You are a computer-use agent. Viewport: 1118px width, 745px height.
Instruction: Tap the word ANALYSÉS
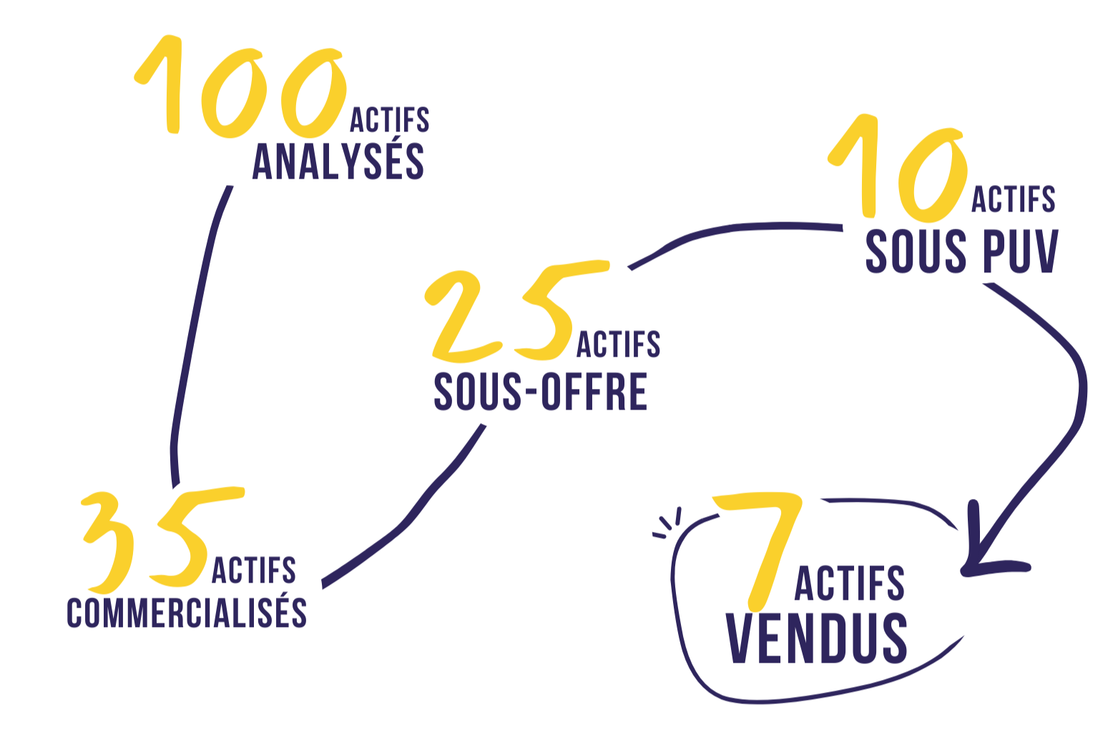point(339,161)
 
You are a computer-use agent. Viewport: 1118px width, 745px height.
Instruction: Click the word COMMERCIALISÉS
point(187,613)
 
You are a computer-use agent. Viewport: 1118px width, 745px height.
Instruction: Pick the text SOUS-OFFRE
point(541,392)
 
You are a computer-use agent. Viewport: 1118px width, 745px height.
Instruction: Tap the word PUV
point(1021,251)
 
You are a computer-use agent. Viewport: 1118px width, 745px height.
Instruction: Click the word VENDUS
point(817,638)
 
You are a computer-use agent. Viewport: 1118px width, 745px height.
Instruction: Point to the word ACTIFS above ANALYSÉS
point(391,119)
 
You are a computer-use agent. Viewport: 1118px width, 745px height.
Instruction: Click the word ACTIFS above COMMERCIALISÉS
point(254,571)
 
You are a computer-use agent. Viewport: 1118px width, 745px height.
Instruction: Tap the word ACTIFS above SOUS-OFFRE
point(619,344)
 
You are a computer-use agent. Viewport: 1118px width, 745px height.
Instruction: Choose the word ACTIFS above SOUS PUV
point(1014,199)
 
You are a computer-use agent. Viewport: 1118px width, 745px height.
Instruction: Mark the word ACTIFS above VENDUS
point(850,583)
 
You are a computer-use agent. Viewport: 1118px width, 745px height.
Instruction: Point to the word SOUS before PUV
point(917,251)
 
